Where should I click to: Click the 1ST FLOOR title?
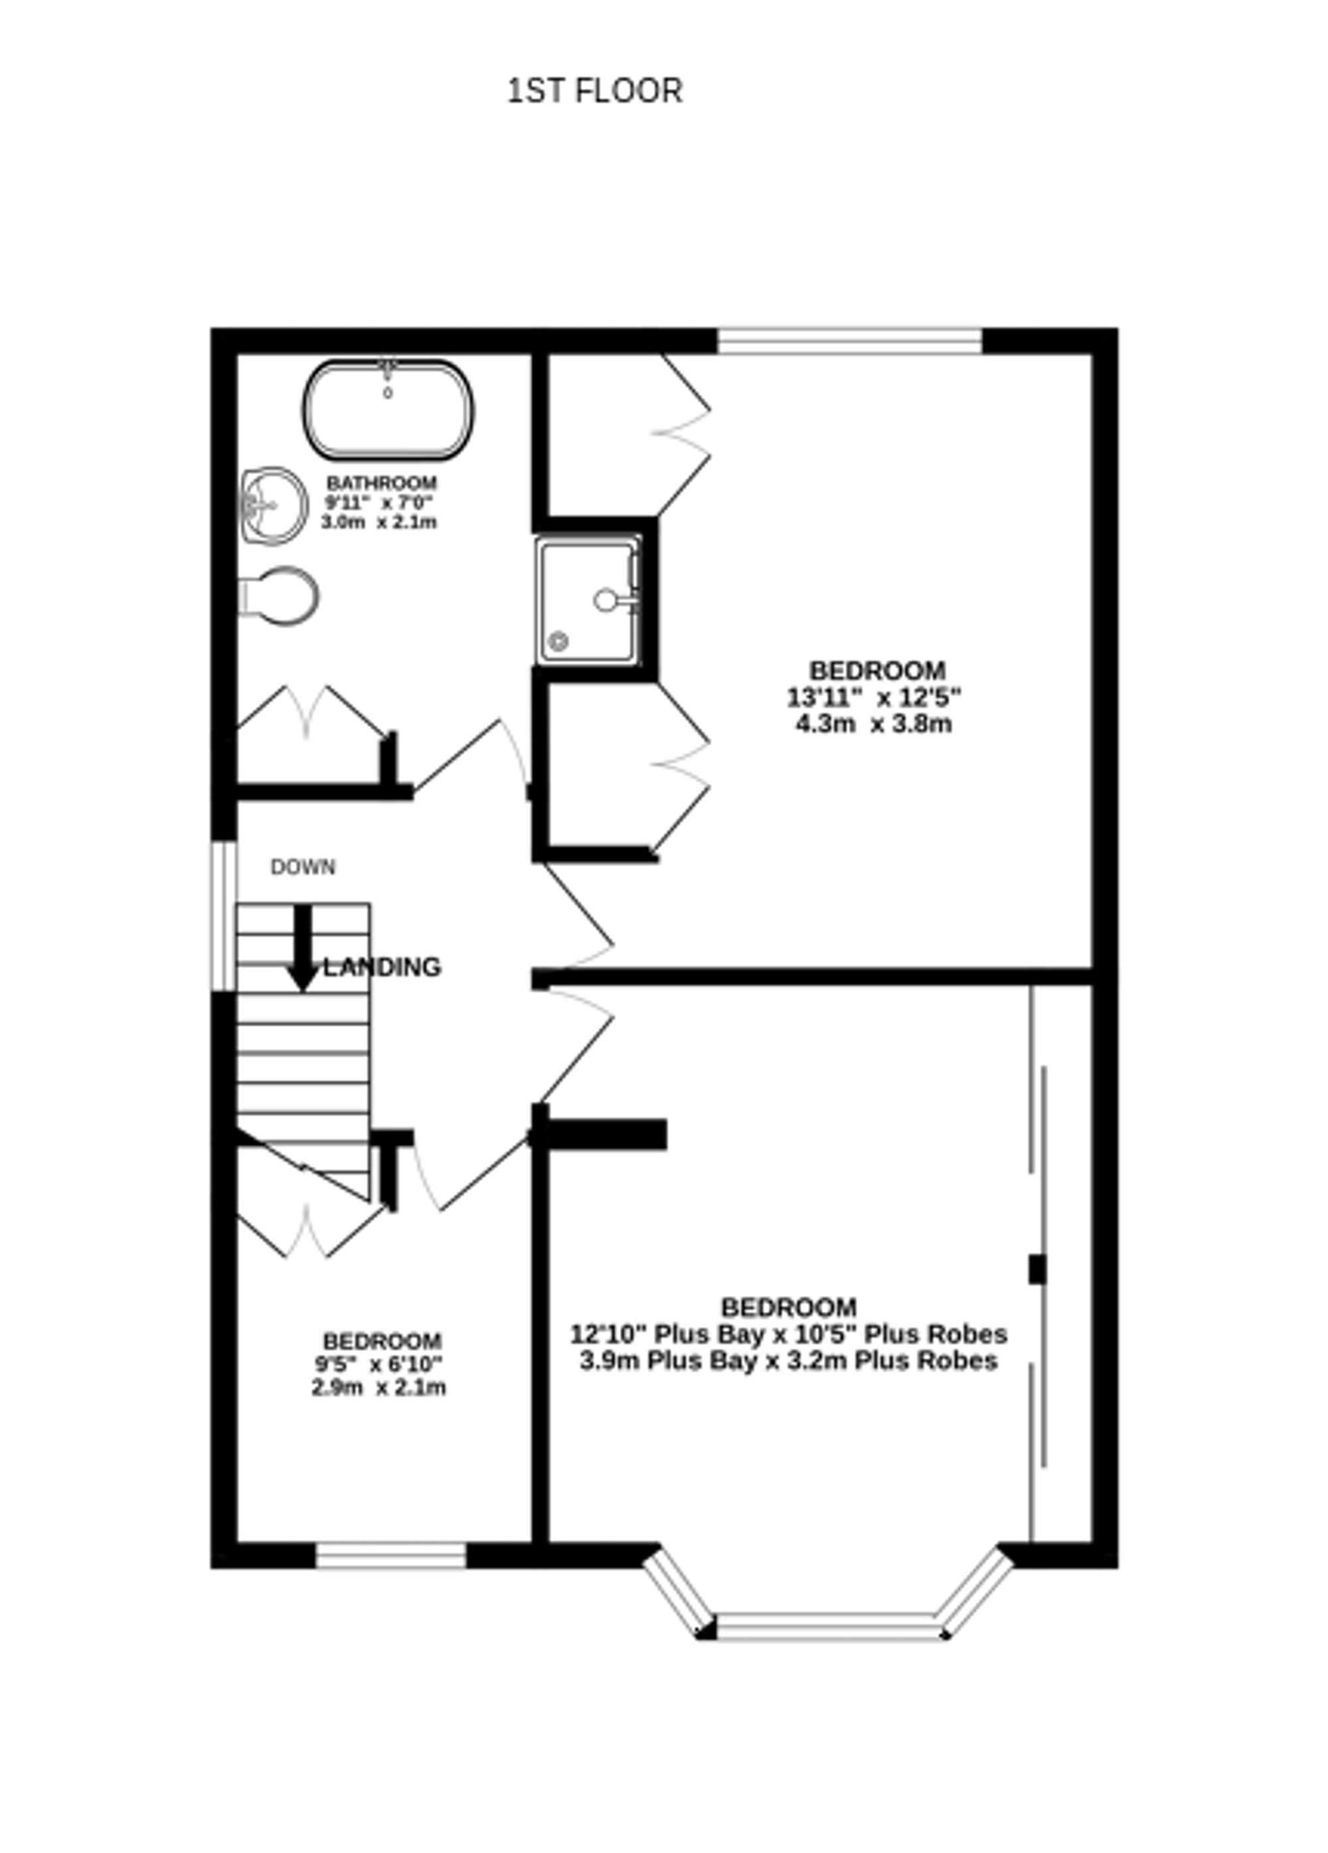594,91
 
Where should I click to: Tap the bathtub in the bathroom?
388,410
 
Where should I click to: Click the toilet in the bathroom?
280,596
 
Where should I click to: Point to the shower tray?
588,600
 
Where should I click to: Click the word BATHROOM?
381,483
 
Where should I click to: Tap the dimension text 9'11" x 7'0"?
378,503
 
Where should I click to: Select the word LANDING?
382,967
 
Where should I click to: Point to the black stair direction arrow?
303,949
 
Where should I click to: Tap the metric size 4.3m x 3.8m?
874,724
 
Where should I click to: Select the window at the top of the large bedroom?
849,341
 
